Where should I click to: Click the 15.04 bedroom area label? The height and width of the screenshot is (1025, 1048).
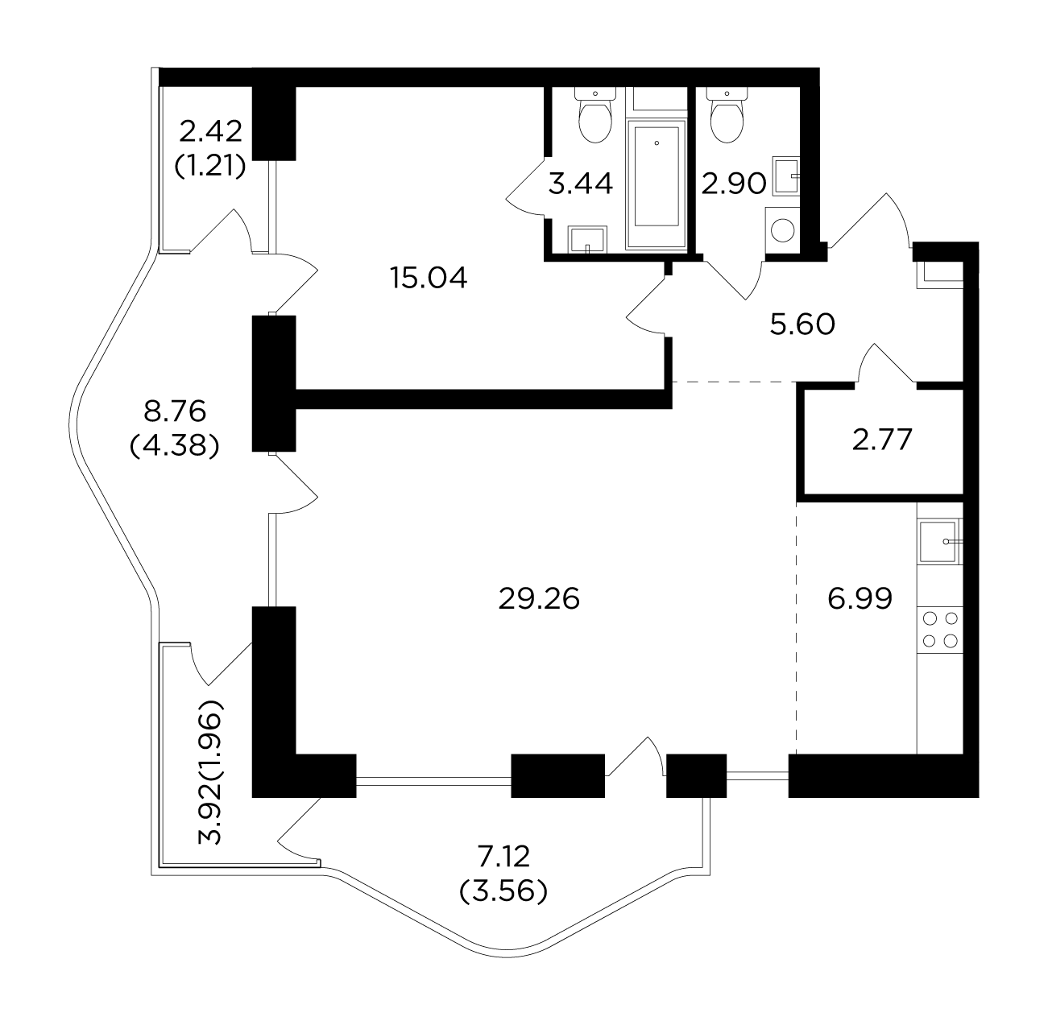pos(429,279)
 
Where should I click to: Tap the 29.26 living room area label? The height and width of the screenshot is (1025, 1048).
pos(539,598)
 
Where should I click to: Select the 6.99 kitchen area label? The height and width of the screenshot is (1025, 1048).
pos(860,598)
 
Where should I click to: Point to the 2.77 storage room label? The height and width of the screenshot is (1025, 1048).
pos(881,440)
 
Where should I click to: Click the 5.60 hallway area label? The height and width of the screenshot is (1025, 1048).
pos(802,324)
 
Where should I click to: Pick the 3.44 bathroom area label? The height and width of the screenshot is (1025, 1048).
pos(581,184)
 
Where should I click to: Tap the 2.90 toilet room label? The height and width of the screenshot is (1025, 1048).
pos(734,184)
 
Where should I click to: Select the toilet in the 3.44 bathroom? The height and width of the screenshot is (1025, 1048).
pos(595,114)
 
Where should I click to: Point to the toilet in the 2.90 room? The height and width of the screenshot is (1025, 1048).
pos(727,114)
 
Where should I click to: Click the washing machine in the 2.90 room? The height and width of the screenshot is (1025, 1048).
pos(782,229)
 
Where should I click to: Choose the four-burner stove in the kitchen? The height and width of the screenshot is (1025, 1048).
pos(940,630)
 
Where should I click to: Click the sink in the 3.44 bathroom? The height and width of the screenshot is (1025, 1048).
pos(587,239)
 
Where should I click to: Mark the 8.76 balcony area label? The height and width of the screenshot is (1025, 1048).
pos(175,411)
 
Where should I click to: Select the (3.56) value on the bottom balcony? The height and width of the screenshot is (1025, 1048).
pos(503,891)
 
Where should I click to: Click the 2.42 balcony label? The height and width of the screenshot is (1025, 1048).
pos(210,132)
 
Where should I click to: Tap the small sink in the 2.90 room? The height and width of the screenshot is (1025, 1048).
pos(785,176)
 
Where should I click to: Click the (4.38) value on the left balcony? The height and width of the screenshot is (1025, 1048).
pos(175,446)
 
